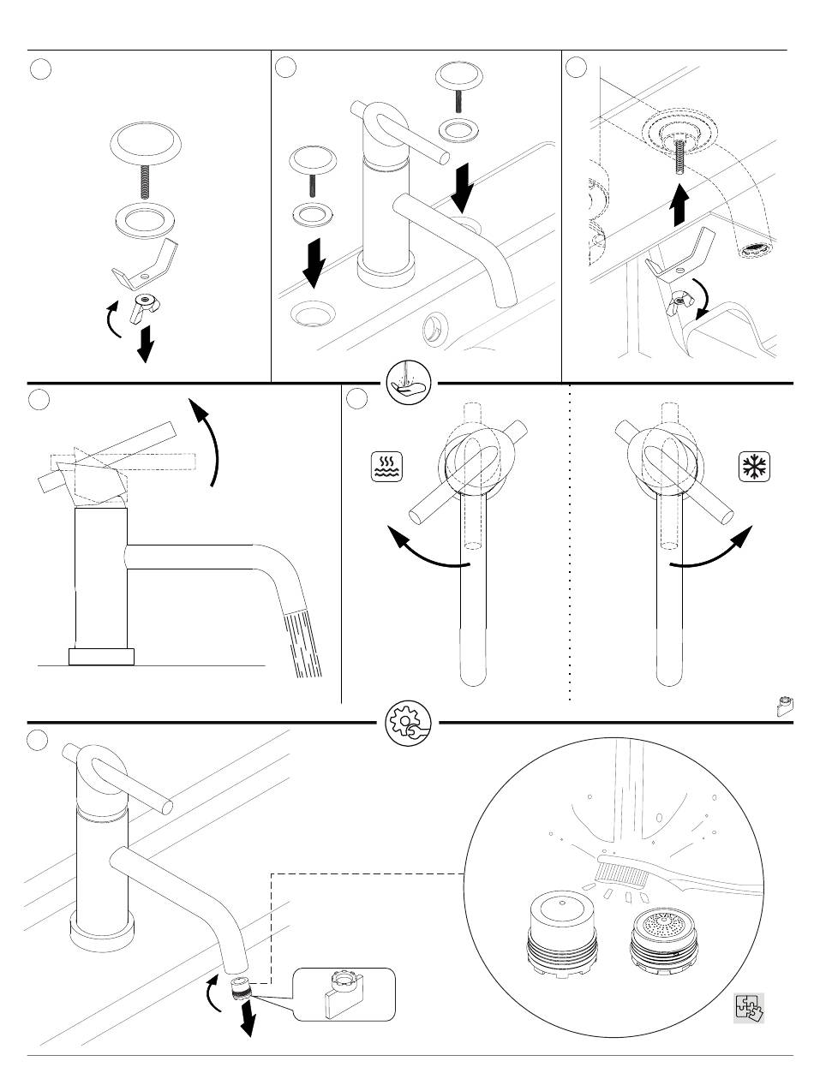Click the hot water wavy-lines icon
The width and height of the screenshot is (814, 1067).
point(387,468)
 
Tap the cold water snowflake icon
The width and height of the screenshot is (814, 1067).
point(754,468)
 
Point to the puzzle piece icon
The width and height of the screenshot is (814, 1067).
point(748,1008)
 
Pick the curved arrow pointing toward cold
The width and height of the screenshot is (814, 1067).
point(713,551)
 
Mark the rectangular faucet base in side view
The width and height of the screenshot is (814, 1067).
point(102,657)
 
